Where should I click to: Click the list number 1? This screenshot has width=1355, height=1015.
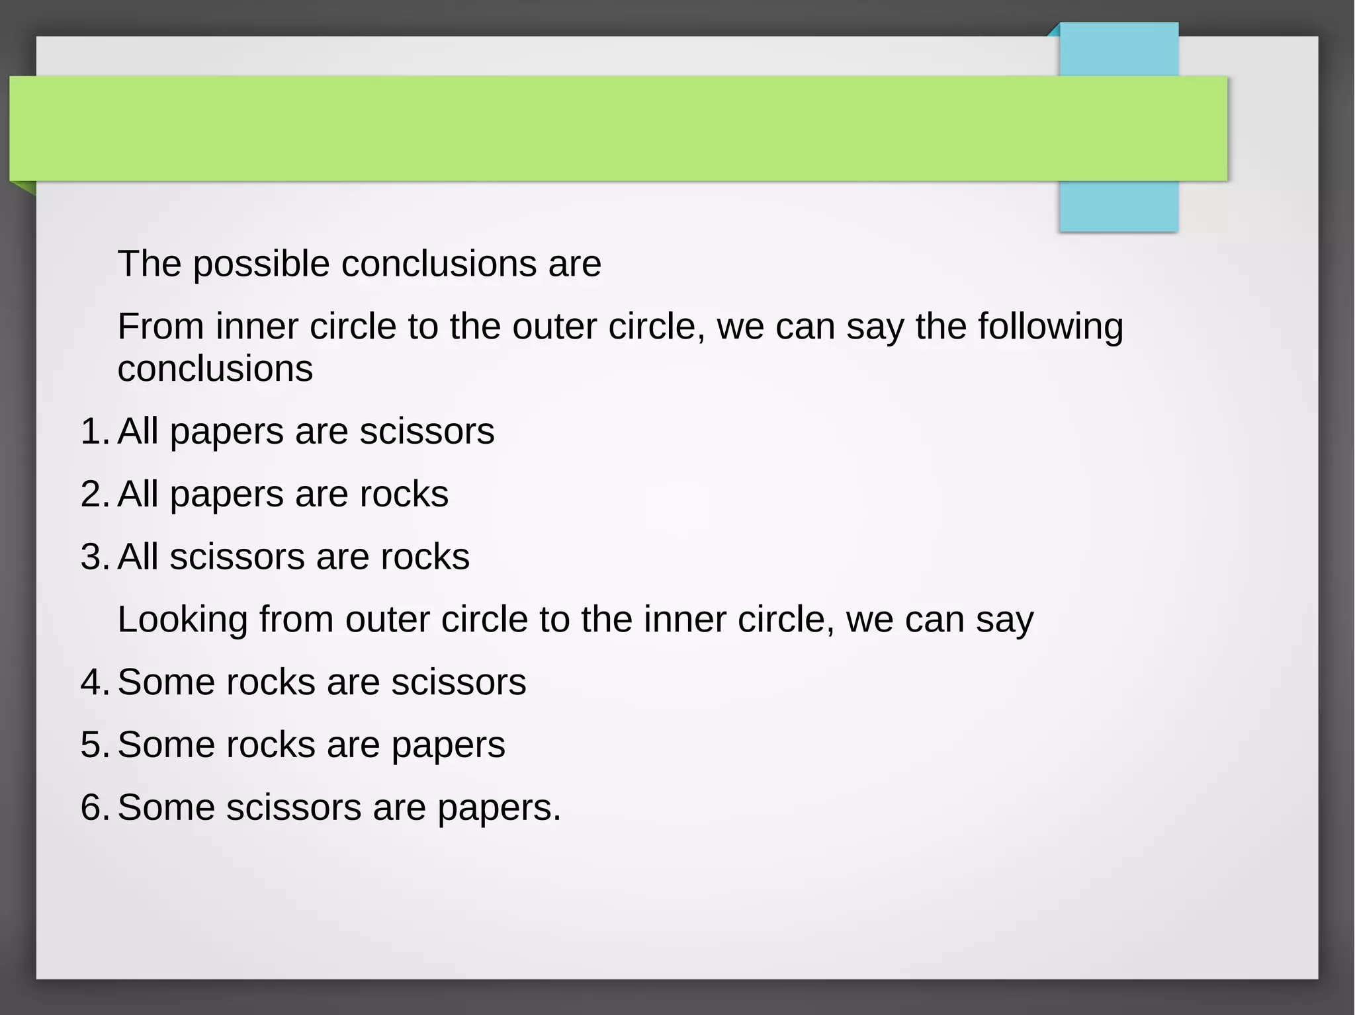[x=93, y=432]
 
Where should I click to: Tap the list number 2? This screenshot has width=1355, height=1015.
[x=93, y=495]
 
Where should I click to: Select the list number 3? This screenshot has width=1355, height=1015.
[x=93, y=557]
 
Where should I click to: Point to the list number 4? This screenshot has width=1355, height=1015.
[x=93, y=682]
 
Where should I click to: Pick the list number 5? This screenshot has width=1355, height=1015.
[x=93, y=745]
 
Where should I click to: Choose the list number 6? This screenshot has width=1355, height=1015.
[x=93, y=808]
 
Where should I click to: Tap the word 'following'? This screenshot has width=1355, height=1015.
[x=1051, y=327]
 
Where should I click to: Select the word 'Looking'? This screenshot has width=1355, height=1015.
[x=183, y=620]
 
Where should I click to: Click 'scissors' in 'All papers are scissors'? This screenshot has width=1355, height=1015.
[x=427, y=432]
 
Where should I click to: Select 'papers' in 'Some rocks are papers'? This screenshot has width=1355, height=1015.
[x=448, y=745]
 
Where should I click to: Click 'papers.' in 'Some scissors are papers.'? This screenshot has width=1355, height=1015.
[x=499, y=808]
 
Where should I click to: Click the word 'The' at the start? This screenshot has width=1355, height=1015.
[x=150, y=264]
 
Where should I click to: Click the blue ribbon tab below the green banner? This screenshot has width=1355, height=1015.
[x=1119, y=206]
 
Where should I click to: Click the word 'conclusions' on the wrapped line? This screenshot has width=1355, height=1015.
[x=215, y=369]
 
